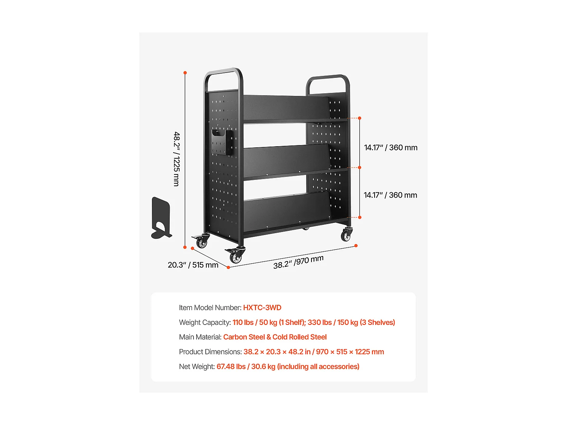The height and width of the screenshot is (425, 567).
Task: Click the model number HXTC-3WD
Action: click(x=262, y=308)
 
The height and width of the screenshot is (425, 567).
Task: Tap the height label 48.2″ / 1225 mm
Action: click(x=177, y=159)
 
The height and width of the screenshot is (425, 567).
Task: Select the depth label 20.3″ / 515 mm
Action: click(x=193, y=265)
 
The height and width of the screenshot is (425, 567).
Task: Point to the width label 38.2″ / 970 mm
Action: click(x=298, y=261)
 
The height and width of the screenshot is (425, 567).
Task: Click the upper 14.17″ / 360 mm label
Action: click(x=390, y=148)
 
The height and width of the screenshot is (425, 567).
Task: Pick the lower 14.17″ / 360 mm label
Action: click(x=390, y=195)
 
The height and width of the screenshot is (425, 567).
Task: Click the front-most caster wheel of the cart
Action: click(x=236, y=256)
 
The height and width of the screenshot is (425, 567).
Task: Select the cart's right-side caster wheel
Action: click(x=346, y=235)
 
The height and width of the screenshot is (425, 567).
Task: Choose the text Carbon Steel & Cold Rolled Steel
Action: click(x=275, y=337)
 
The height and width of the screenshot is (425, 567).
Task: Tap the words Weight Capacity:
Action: click(x=204, y=322)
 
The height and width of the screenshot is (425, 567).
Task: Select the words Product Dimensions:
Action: click(x=210, y=352)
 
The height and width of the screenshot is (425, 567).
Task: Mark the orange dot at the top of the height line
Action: click(x=185, y=73)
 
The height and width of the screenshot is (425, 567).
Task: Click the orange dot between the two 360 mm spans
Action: click(x=359, y=167)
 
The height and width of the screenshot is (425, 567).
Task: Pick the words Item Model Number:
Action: click(x=210, y=308)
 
